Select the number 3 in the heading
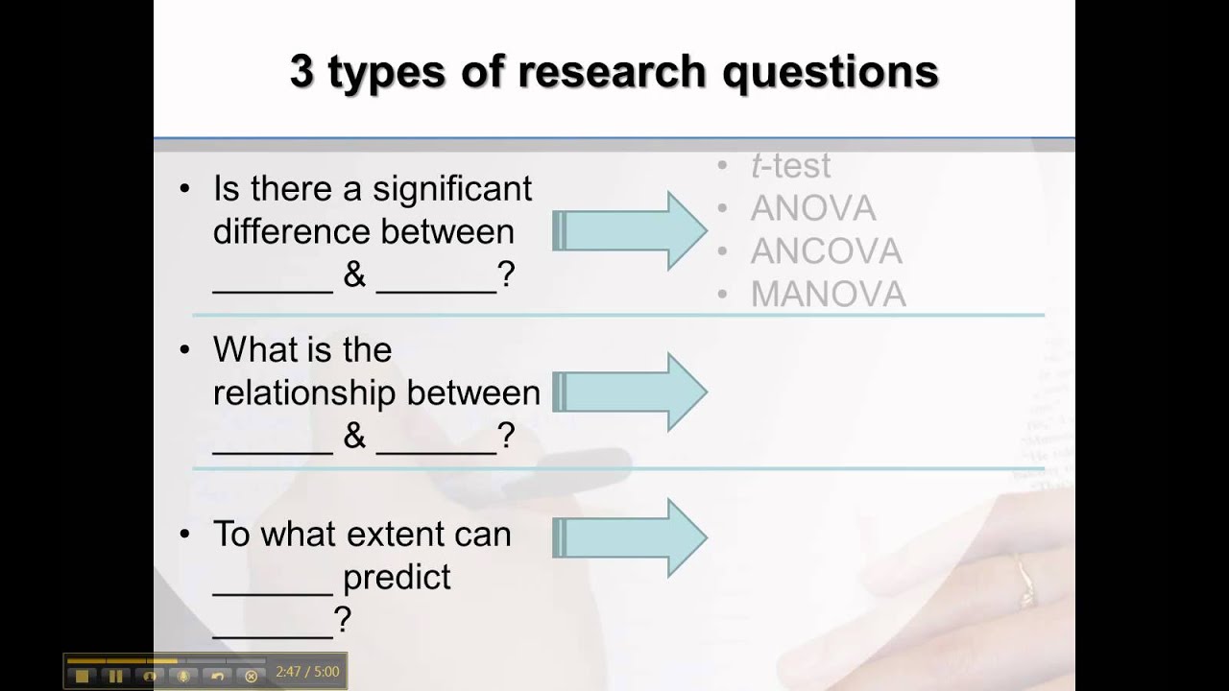(x=301, y=73)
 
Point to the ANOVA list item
(x=812, y=208)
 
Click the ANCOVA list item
(x=826, y=251)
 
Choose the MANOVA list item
(x=828, y=295)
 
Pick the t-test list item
(x=790, y=166)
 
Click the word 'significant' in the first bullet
(x=452, y=188)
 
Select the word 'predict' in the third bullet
(x=397, y=578)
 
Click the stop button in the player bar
(x=82, y=676)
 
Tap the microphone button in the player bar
(x=183, y=676)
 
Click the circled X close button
(x=252, y=676)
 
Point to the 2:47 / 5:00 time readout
(x=306, y=673)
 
